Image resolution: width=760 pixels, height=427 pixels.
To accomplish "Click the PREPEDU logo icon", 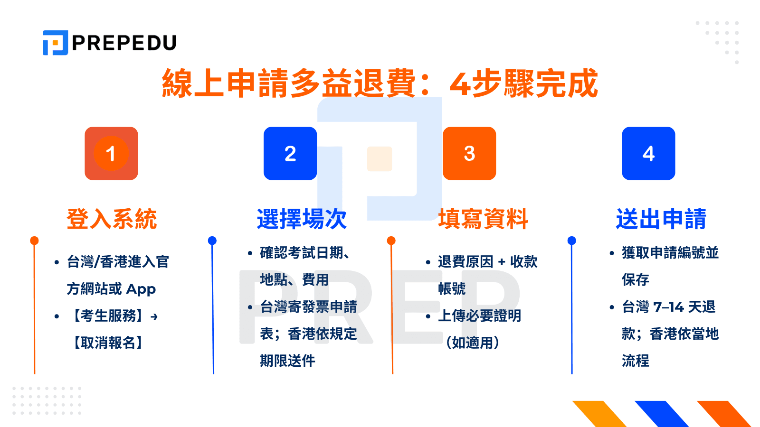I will pyautogui.click(x=55, y=43).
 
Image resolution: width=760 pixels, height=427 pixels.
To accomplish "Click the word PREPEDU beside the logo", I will pyautogui.click(x=124, y=43).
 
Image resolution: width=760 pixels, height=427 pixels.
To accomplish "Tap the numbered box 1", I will pyautogui.click(x=111, y=153).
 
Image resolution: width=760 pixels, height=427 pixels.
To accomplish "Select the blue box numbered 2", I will pyautogui.click(x=290, y=153).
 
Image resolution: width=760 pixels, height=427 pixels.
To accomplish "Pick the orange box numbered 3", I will pyautogui.click(x=469, y=153).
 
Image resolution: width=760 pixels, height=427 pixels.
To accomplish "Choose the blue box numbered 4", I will pyautogui.click(x=648, y=153).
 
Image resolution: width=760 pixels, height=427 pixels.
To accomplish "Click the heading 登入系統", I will pyautogui.click(x=112, y=219).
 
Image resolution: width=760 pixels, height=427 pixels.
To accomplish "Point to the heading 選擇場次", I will pyautogui.click(x=302, y=219).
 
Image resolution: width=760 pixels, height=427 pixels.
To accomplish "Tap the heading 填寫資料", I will pyautogui.click(x=483, y=219).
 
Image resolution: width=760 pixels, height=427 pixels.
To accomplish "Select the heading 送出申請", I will pyautogui.click(x=661, y=219).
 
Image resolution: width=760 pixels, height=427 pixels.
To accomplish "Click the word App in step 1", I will pyautogui.click(x=141, y=289).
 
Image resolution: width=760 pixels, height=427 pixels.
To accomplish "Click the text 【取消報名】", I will pyautogui.click(x=108, y=343).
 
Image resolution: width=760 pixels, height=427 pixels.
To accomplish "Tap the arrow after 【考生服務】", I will pyautogui.click(x=154, y=316).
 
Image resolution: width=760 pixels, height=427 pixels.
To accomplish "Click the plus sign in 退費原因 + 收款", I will pyautogui.click(x=502, y=262).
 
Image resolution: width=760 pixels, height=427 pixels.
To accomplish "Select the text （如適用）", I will pyautogui.click(x=472, y=343).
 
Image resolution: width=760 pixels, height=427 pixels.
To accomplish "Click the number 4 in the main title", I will pyautogui.click(x=460, y=84).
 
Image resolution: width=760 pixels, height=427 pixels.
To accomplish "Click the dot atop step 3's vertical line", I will pyautogui.click(x=391, y=241).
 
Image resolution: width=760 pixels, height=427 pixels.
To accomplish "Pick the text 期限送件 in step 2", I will pyautogui.click(x=287, y=361).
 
